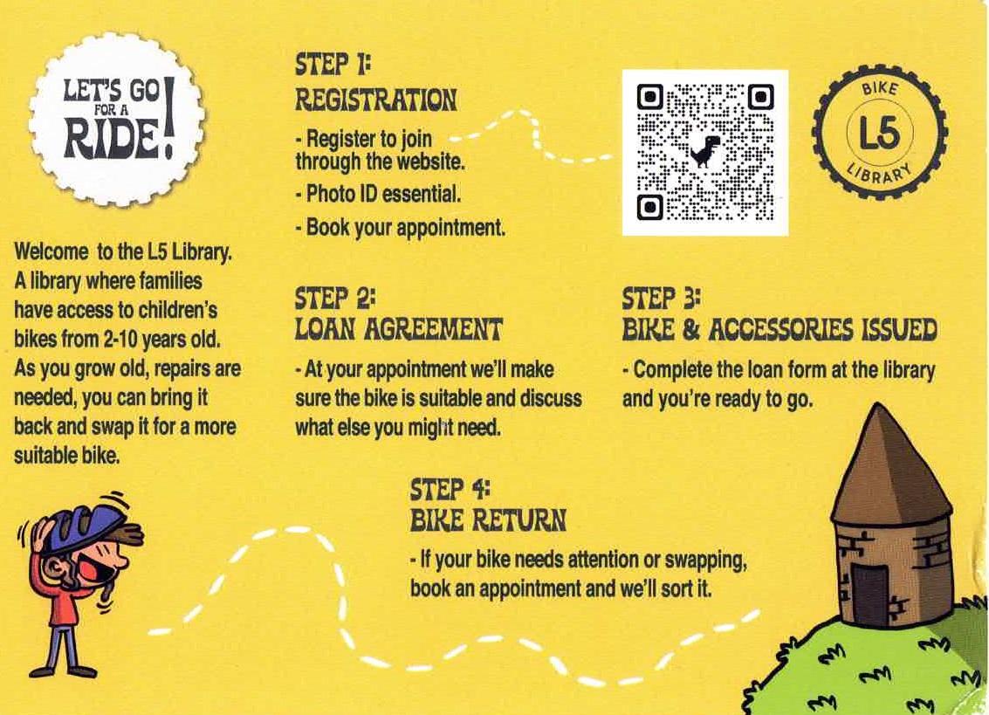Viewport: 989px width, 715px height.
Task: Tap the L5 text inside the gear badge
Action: [x=880, y=134]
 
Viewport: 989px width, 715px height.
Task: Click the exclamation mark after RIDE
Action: [x=168, y=117]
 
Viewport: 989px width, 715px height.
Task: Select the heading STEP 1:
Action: [x=333, y=65]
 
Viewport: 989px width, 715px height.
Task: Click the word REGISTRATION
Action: [x=376, y=100]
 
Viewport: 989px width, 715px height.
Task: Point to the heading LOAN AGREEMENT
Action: [x=398, y=329]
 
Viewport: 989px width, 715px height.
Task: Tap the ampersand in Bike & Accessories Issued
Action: [x=691, y=329]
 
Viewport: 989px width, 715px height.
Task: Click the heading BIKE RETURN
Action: [x=488, y=520]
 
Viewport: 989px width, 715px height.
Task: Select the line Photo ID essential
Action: [x=378, y=194]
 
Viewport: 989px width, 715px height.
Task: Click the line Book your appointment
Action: [x=401, y=227]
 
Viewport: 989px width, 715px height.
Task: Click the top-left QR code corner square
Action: [x=649, y=98]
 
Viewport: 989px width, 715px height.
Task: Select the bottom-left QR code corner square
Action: [x=649, y=207]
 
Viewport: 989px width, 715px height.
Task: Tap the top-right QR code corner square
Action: [x=760, y=97]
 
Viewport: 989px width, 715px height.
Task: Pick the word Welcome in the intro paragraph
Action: [x=52, y=251]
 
